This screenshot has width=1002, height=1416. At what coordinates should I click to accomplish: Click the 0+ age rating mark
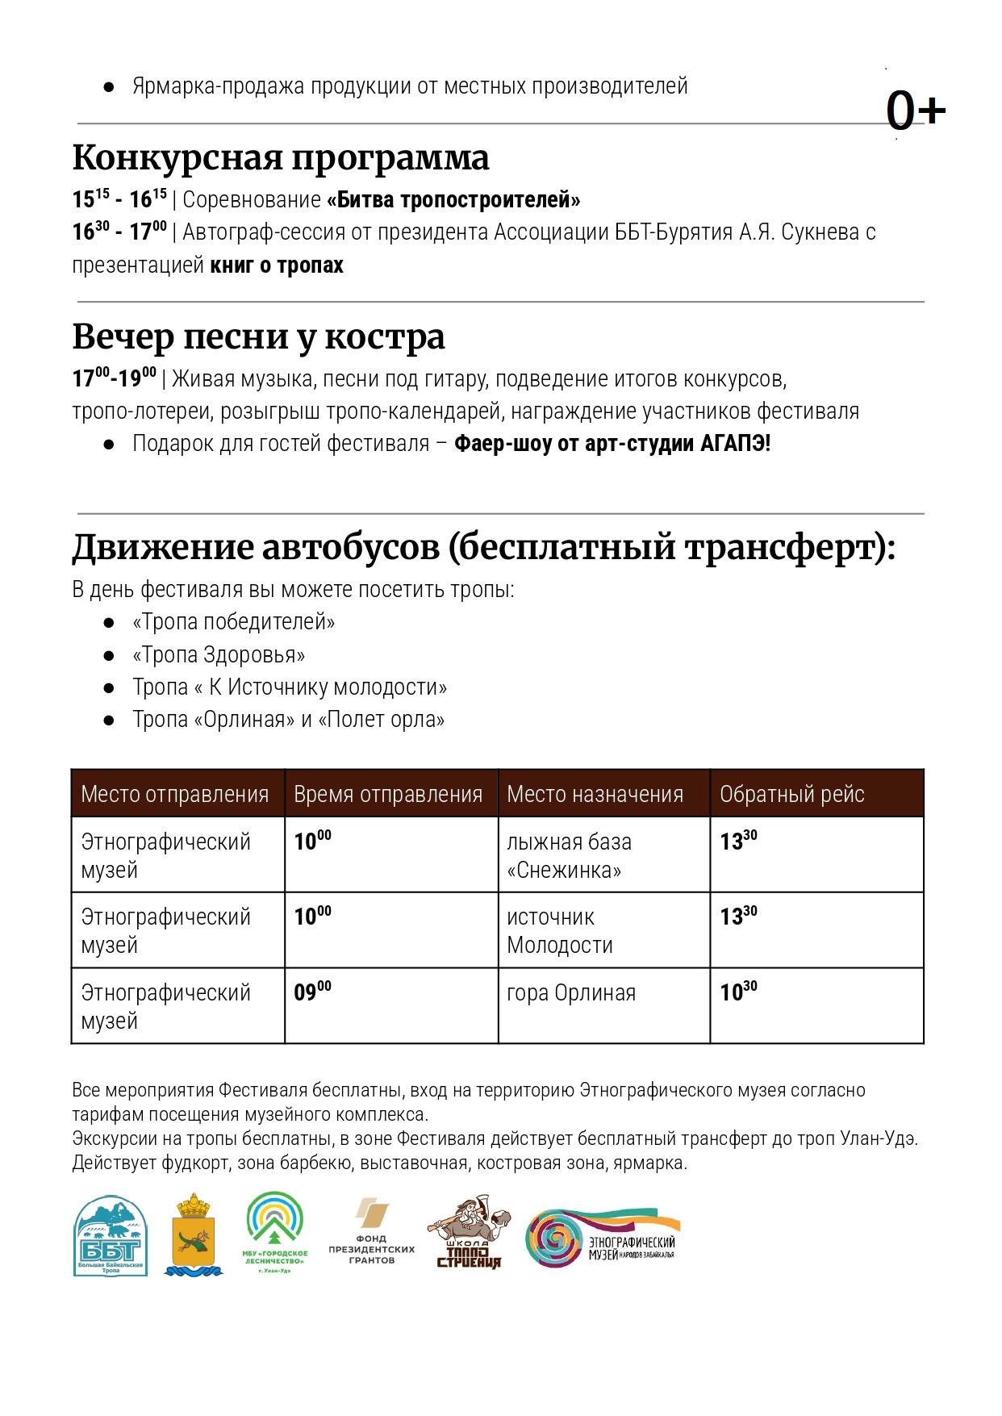(915, 111)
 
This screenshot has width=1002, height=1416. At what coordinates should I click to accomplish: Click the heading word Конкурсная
(177, 158)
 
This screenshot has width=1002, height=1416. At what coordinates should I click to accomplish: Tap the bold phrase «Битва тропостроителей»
(453, 199)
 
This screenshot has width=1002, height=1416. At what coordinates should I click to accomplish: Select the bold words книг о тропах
(277, 265)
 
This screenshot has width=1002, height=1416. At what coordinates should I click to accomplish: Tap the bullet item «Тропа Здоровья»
(219, 655)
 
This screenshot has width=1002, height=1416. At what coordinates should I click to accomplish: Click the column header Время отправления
(388, 795)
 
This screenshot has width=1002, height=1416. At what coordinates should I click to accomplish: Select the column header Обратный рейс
(791, 795)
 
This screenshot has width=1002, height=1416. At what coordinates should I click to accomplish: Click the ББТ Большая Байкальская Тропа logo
(111, 1235)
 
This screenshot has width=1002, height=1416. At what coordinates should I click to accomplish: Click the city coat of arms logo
(193, 1234)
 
